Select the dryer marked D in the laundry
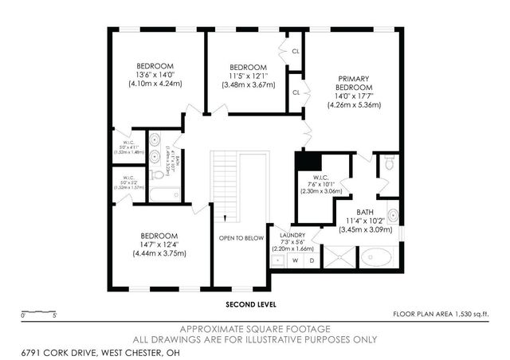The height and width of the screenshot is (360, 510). click(312, 260)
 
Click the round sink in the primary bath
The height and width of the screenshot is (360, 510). click(392, 216)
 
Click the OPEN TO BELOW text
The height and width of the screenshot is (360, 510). click(241, 237)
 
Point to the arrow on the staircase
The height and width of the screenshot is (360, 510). click(226, 217)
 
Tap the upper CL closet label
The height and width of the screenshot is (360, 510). click(296, 51)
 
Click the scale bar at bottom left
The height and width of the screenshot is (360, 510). click(37, 311)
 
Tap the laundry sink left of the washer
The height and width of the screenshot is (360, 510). click(277, 260)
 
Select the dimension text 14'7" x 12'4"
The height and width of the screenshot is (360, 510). click(159, 245)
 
